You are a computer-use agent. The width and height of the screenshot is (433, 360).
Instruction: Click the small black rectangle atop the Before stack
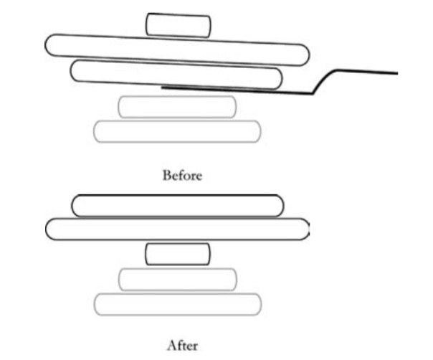coord(179,25)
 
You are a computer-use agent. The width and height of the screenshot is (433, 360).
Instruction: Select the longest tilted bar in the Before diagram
coord(177,49)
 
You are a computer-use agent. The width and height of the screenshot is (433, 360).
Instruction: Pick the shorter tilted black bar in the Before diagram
coord(176,75)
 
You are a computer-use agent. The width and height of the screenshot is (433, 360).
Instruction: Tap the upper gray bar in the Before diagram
coord(176,107)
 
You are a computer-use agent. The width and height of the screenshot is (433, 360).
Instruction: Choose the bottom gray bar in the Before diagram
coord(177,131)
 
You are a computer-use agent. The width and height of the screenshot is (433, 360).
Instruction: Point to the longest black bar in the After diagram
coord(177,229)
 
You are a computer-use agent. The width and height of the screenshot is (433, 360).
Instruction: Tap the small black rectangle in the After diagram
coord(178,254)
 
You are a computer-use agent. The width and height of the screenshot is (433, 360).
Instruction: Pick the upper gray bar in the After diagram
coord(178,279)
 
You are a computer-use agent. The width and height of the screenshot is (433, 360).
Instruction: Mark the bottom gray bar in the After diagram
coord(178,304)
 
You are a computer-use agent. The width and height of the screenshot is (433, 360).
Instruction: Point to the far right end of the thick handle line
coord(396,72)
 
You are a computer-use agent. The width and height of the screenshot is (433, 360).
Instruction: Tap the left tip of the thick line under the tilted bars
coord(163,86)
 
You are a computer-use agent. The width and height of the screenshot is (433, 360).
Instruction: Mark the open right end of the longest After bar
coord(307,229)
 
